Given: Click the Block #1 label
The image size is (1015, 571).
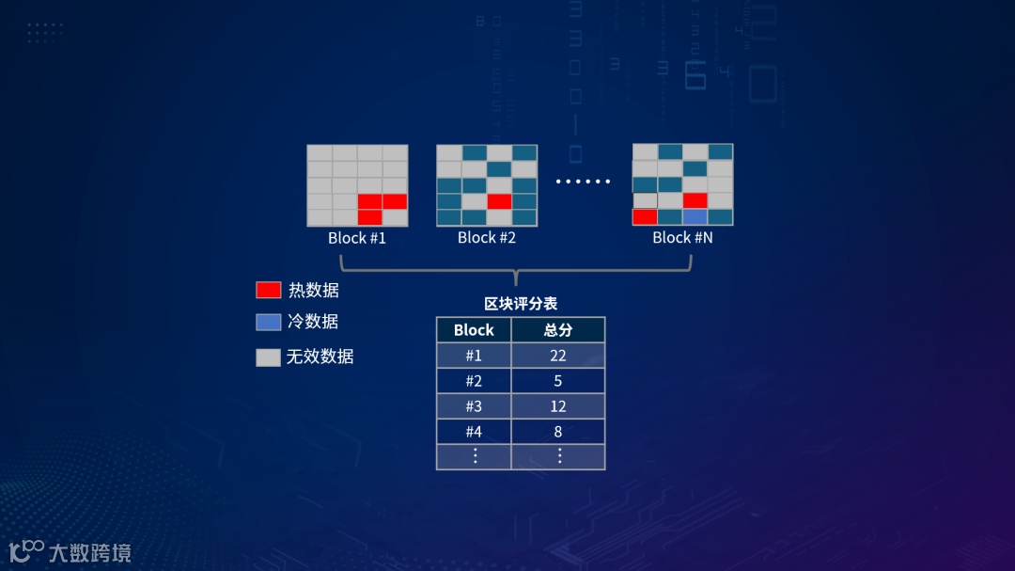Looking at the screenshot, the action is (x=357, y=238).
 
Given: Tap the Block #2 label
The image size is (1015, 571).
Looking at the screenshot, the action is (x=487, y=238).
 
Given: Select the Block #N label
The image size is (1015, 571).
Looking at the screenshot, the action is (x=682, y=238).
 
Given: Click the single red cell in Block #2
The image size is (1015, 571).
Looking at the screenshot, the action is (x=499, y=200).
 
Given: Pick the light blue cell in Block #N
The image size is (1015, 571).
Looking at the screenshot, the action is (x=695, y=217).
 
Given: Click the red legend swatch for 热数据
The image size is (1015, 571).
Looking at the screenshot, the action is (x=269, y=290).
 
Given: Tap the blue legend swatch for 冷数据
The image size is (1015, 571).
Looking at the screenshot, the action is (x=269, y=322).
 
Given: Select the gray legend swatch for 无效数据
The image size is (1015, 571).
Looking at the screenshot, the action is (x=269, y=357).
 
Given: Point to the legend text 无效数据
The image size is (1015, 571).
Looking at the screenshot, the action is (x=320, y=357).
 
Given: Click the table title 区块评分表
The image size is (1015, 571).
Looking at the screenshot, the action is (x=521, y=304).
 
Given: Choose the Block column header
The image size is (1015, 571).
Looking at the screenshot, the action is (x=474, y=330).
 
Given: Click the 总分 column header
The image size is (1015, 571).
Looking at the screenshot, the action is (x=558, y=330).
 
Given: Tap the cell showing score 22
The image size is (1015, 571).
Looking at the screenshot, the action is (x=558, y=356).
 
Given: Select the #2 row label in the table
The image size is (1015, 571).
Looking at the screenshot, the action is (x=474, y=381).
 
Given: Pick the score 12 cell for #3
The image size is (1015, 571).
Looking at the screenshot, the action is (x=558, y=406).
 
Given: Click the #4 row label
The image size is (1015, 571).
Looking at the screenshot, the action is (x=474, y=432).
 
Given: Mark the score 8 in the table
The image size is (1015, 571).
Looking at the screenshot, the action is (x=558, y=432).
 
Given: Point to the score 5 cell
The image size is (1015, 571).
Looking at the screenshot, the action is (x=558, y=381).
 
